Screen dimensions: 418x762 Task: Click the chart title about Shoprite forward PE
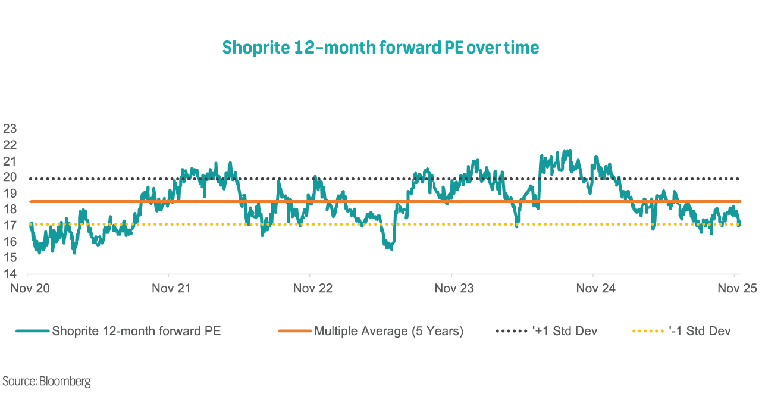[x=381, y=48]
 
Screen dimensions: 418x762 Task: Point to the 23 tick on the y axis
[x=10, y=129]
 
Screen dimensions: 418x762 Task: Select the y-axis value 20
[x=10, y=177]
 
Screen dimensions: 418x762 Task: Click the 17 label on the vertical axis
[x=10, y=225]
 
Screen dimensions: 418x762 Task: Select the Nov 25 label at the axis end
[x=737, y=288]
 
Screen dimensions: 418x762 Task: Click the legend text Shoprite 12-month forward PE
[x=136, y=331]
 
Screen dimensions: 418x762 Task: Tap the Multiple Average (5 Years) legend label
[x=388, y=331]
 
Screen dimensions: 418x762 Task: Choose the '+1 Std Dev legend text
[x=565, y=331]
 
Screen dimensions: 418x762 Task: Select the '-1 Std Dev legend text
[x=699, y=331]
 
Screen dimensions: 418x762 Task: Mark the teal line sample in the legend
[x=33, y=331]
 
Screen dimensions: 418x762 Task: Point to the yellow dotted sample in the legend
[x=648, y=331]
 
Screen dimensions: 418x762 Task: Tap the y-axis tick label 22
[x=10, y=145]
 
